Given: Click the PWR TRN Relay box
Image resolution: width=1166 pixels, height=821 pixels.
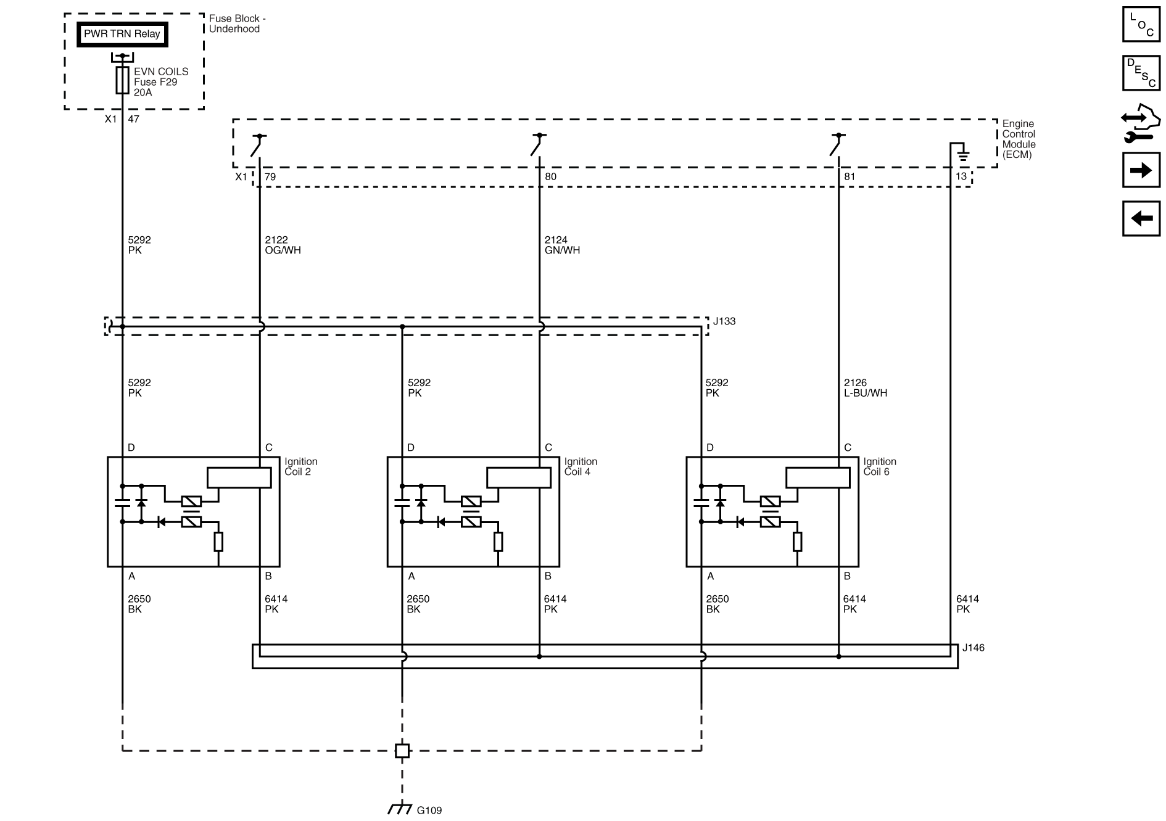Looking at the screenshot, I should click(122, 35).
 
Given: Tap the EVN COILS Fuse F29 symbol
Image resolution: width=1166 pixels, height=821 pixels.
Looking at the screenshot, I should click(123, 81).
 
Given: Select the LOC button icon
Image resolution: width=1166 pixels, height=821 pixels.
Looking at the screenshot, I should click(1141, 25).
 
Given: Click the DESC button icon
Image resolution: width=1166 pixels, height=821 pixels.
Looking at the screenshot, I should click(1141, 72).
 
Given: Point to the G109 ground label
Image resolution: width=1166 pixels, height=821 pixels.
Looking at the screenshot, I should click(429, 810).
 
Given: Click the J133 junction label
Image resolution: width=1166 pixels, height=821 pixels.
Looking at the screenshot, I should click(724, 321).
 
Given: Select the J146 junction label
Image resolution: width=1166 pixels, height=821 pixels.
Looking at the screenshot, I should click(973, 648).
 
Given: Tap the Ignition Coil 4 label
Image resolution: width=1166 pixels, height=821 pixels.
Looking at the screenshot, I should click(581, 466).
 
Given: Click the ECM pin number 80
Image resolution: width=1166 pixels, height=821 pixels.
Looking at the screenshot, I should click(550, 177).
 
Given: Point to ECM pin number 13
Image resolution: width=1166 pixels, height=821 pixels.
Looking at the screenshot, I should click(961, 177).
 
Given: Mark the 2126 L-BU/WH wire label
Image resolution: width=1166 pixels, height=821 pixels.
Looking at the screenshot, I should click(865, 387).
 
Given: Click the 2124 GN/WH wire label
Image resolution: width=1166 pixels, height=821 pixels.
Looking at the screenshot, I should click(562, 245).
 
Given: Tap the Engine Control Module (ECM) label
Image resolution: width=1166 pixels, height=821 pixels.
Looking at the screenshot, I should click(1019, 139).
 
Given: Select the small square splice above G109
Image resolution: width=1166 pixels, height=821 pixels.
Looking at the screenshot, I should click(402, 751).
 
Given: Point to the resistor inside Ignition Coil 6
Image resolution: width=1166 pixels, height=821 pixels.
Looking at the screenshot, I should click(797, 542).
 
